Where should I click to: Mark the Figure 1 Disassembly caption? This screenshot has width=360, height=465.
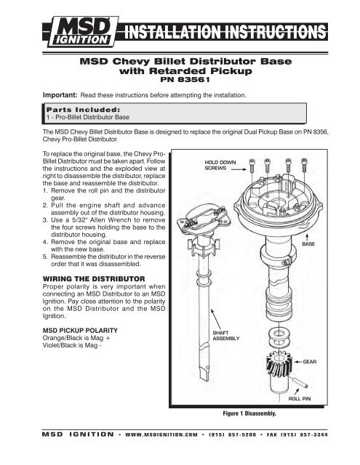(x=263, y=413)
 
